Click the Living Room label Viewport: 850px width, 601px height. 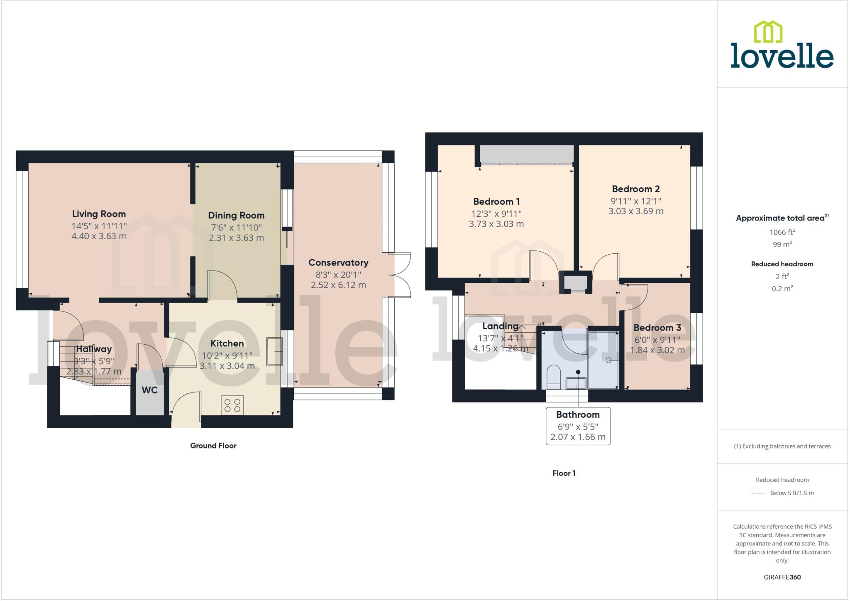99,214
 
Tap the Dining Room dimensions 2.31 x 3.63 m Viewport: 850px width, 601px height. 236,238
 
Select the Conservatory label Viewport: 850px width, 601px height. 338,262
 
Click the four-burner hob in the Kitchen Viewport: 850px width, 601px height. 232,405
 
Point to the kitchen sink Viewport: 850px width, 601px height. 274,351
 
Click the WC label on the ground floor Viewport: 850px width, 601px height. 149,390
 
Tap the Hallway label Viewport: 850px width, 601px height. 94,349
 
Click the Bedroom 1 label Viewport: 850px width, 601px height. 496,201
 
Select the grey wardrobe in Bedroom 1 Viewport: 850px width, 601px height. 527,155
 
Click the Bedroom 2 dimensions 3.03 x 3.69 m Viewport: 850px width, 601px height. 636,211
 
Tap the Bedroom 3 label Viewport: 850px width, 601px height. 657,328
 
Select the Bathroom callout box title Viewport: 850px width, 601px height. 578,415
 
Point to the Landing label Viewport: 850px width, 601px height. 500,326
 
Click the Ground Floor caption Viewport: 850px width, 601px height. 213,446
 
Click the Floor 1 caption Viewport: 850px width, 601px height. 564,473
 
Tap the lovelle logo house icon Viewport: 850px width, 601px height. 768,32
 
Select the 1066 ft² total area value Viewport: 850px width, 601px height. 782,232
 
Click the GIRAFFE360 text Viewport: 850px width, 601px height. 782,577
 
